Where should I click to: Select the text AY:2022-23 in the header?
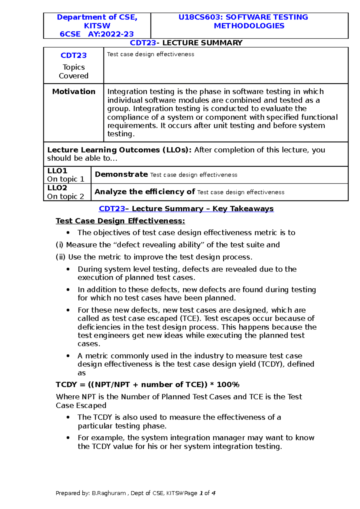pyautogui.click(x=111, y=34)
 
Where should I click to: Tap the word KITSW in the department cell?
pyautogui.click(x=97, y=26)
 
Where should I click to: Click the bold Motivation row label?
pyautogui.click(x=74, y=91)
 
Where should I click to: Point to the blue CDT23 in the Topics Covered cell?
pyautogui.click(x=73, y=55)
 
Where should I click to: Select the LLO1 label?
pyautogui.click(x=57, y=171)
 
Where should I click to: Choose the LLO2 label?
pyautogui.click(x=57, y=188)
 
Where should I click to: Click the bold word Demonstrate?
pyautogui.click(x=121, y=174)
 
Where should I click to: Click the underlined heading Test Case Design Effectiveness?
pyautogui.click(x=120, y=221)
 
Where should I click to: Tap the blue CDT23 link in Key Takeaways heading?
pyautogui.click(x=112, y=209)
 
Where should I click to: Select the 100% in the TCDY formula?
pyautogui.click(x=228, y=385)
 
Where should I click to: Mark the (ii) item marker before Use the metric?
pyautogui.click(x=61, y=257)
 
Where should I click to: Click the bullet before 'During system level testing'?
pyautogui.click(x=68, y=269)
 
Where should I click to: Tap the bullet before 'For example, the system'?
pyautogui.click(x=68, y=438)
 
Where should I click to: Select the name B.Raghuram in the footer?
pyautogui.click(x=109, y=493)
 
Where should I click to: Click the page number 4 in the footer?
pyautogui.click(x=213, y=493)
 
